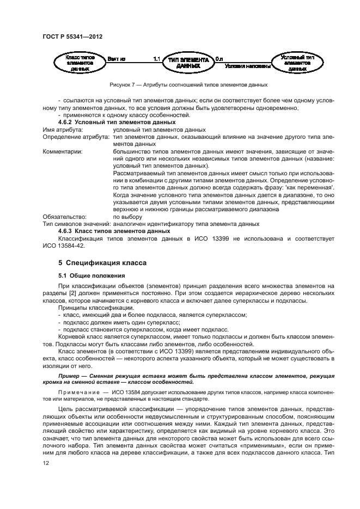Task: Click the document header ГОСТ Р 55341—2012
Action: click(x=72, y=37)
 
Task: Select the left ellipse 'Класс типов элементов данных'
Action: click(x=80, y=63)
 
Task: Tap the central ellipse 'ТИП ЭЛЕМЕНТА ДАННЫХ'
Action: click(x=188, y=63)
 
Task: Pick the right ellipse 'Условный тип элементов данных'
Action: click(x=297, y=63)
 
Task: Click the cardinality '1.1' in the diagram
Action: click(x=156, y=58)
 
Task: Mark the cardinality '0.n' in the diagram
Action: click(x=218, y=58)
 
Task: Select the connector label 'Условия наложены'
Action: click(x=248, y=66)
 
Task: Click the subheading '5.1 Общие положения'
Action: click(x=91, y=275)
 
